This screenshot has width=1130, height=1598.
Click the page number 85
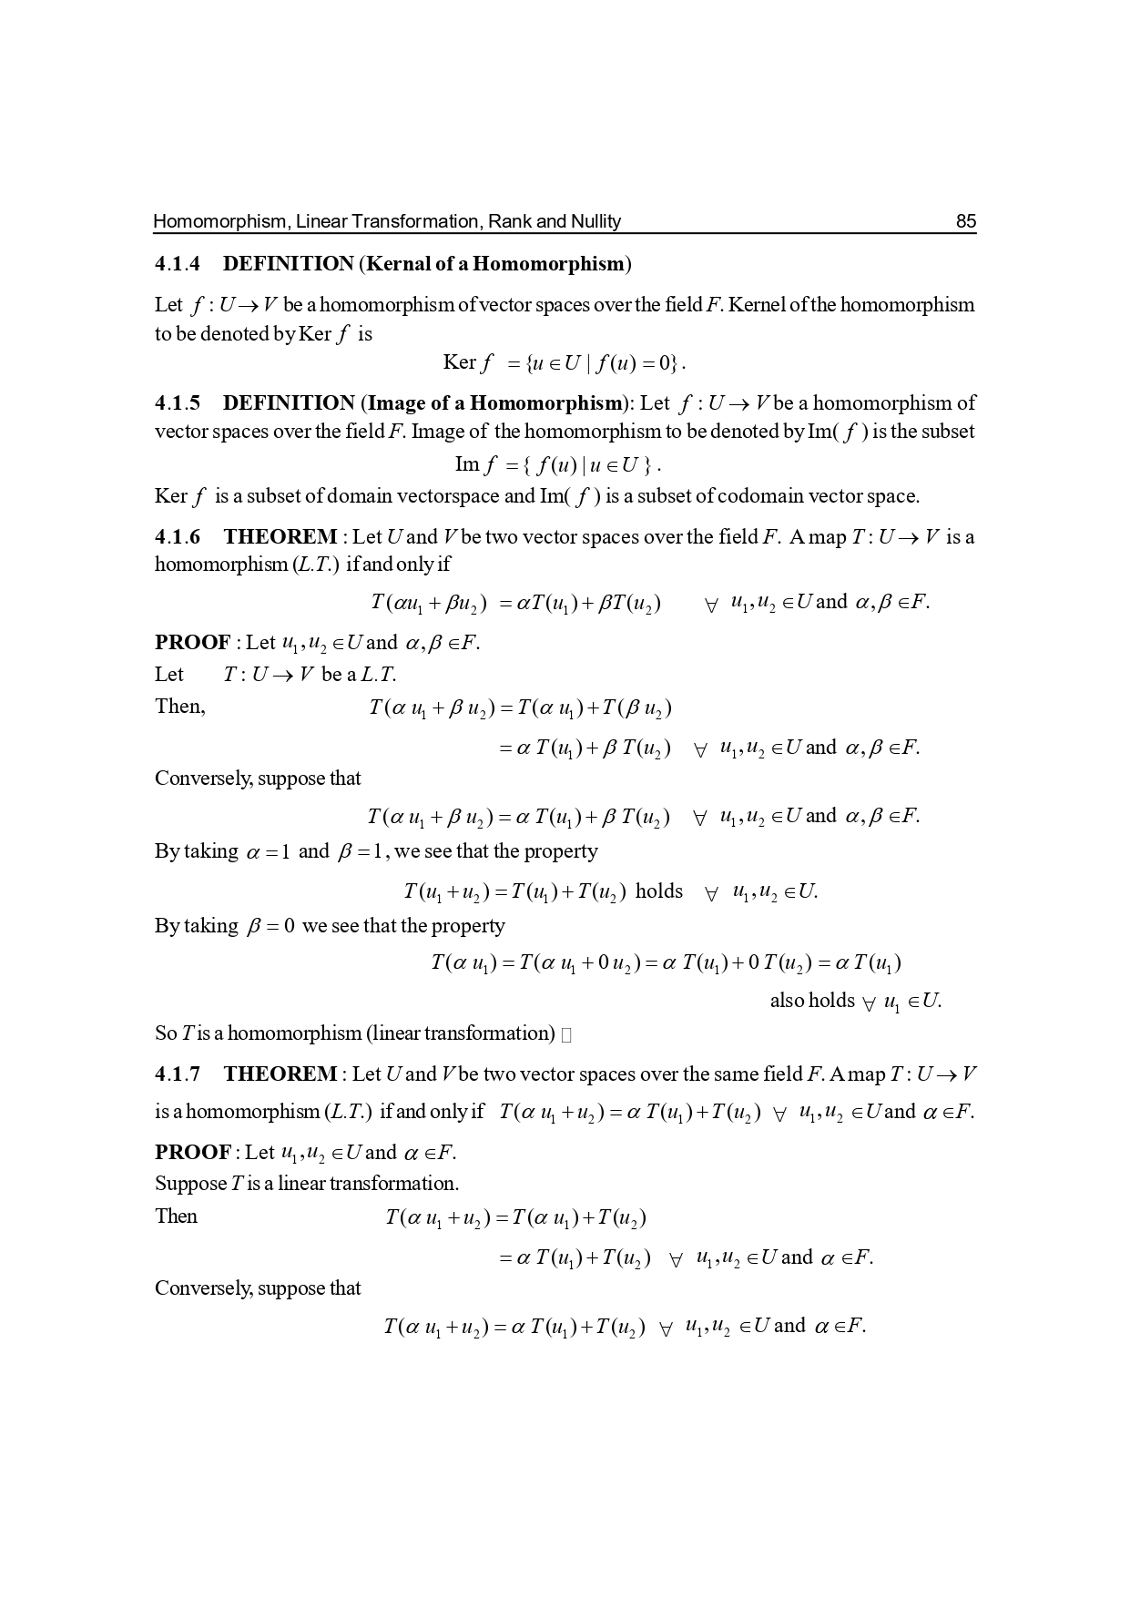965,221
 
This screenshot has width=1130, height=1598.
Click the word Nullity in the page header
596,221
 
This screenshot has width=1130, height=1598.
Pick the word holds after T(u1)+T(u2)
658,891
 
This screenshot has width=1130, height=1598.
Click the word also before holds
787,1001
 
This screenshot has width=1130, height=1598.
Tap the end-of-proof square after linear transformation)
566,1034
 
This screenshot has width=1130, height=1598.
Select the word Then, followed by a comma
179,707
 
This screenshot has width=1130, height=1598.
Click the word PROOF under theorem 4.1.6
192,643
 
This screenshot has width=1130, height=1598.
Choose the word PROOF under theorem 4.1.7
192,1153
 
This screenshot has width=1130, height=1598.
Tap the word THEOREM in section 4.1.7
280,1074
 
